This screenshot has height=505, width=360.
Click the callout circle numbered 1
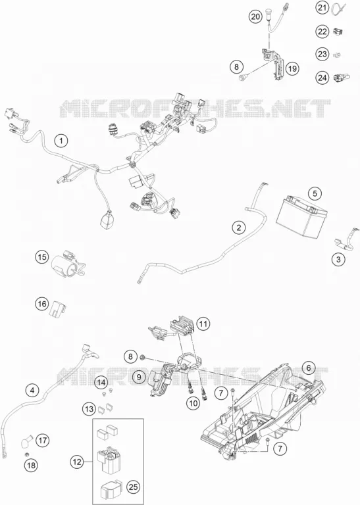[61, 141]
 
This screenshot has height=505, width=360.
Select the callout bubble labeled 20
[255, 16]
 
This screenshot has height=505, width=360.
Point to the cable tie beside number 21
[336, 8]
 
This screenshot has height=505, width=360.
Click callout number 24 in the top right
[322, 78]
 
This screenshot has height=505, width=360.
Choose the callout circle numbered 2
[238, 228]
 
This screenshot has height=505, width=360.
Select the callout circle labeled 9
[139, 377]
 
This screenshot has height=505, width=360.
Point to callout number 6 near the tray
[309, 368]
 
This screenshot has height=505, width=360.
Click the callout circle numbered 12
[77, 462]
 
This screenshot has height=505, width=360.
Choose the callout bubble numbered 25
[133, 487]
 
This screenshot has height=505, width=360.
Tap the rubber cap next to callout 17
[27, 441]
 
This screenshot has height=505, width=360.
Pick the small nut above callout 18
[28, 454]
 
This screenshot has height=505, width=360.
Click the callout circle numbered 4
[32, 391]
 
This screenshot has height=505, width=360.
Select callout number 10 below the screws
[193, 403]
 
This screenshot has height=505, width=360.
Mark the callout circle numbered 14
[101, 383]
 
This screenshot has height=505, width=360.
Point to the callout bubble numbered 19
[292, 68]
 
